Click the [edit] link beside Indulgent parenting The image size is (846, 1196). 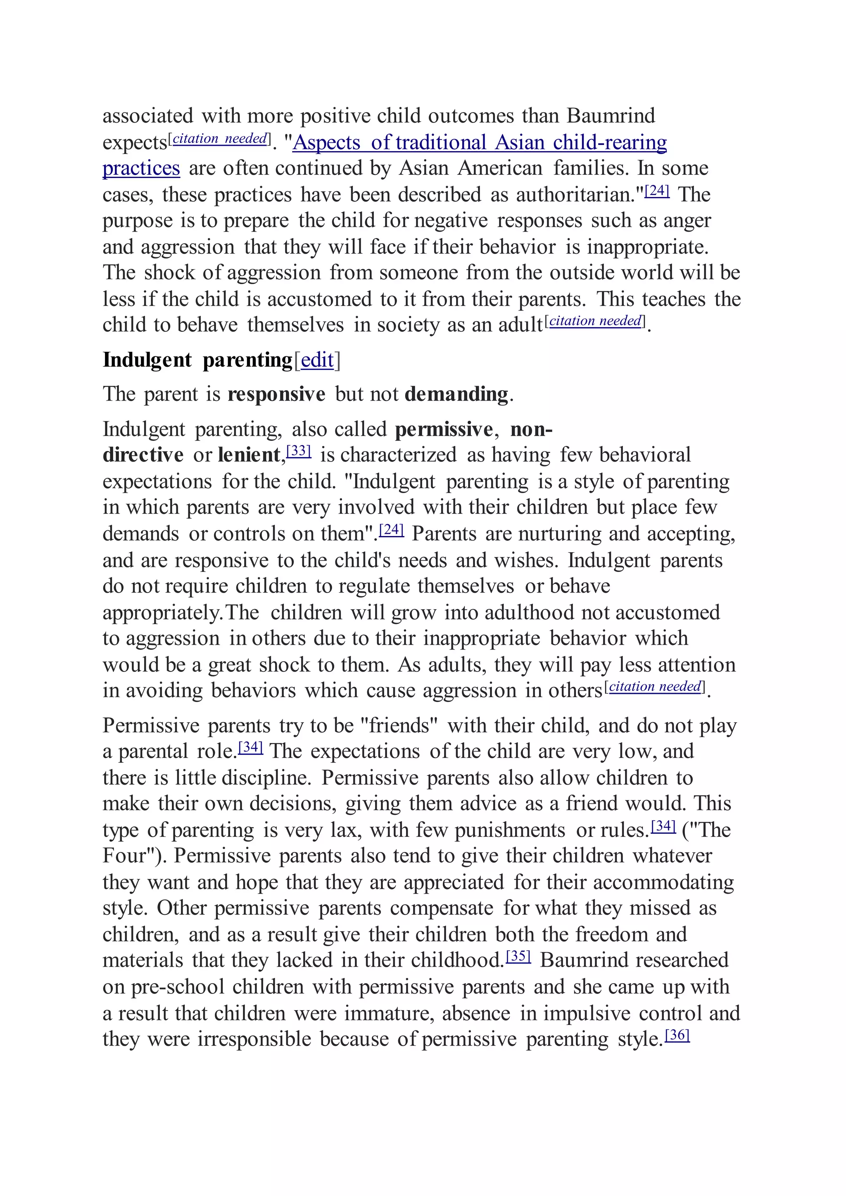pos(317,360)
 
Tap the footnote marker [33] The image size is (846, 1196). pos(299,451)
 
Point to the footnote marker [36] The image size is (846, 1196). pos(677,1035)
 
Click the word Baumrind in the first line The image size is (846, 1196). pos(611,116)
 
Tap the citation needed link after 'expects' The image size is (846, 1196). pos(220,139)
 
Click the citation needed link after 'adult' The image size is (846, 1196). pos(595,321)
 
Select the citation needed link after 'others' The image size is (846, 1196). pos(655,686)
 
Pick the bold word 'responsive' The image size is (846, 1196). pos(276,394)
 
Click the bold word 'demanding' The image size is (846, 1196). pos(456,394)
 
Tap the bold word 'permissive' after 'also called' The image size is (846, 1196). pos(443,429)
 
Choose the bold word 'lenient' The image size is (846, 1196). pos(249,455)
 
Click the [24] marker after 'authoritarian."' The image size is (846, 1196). pos(657,191)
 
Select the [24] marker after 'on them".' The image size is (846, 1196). pos(391,530)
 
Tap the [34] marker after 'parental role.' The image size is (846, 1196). pos(251,747)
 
